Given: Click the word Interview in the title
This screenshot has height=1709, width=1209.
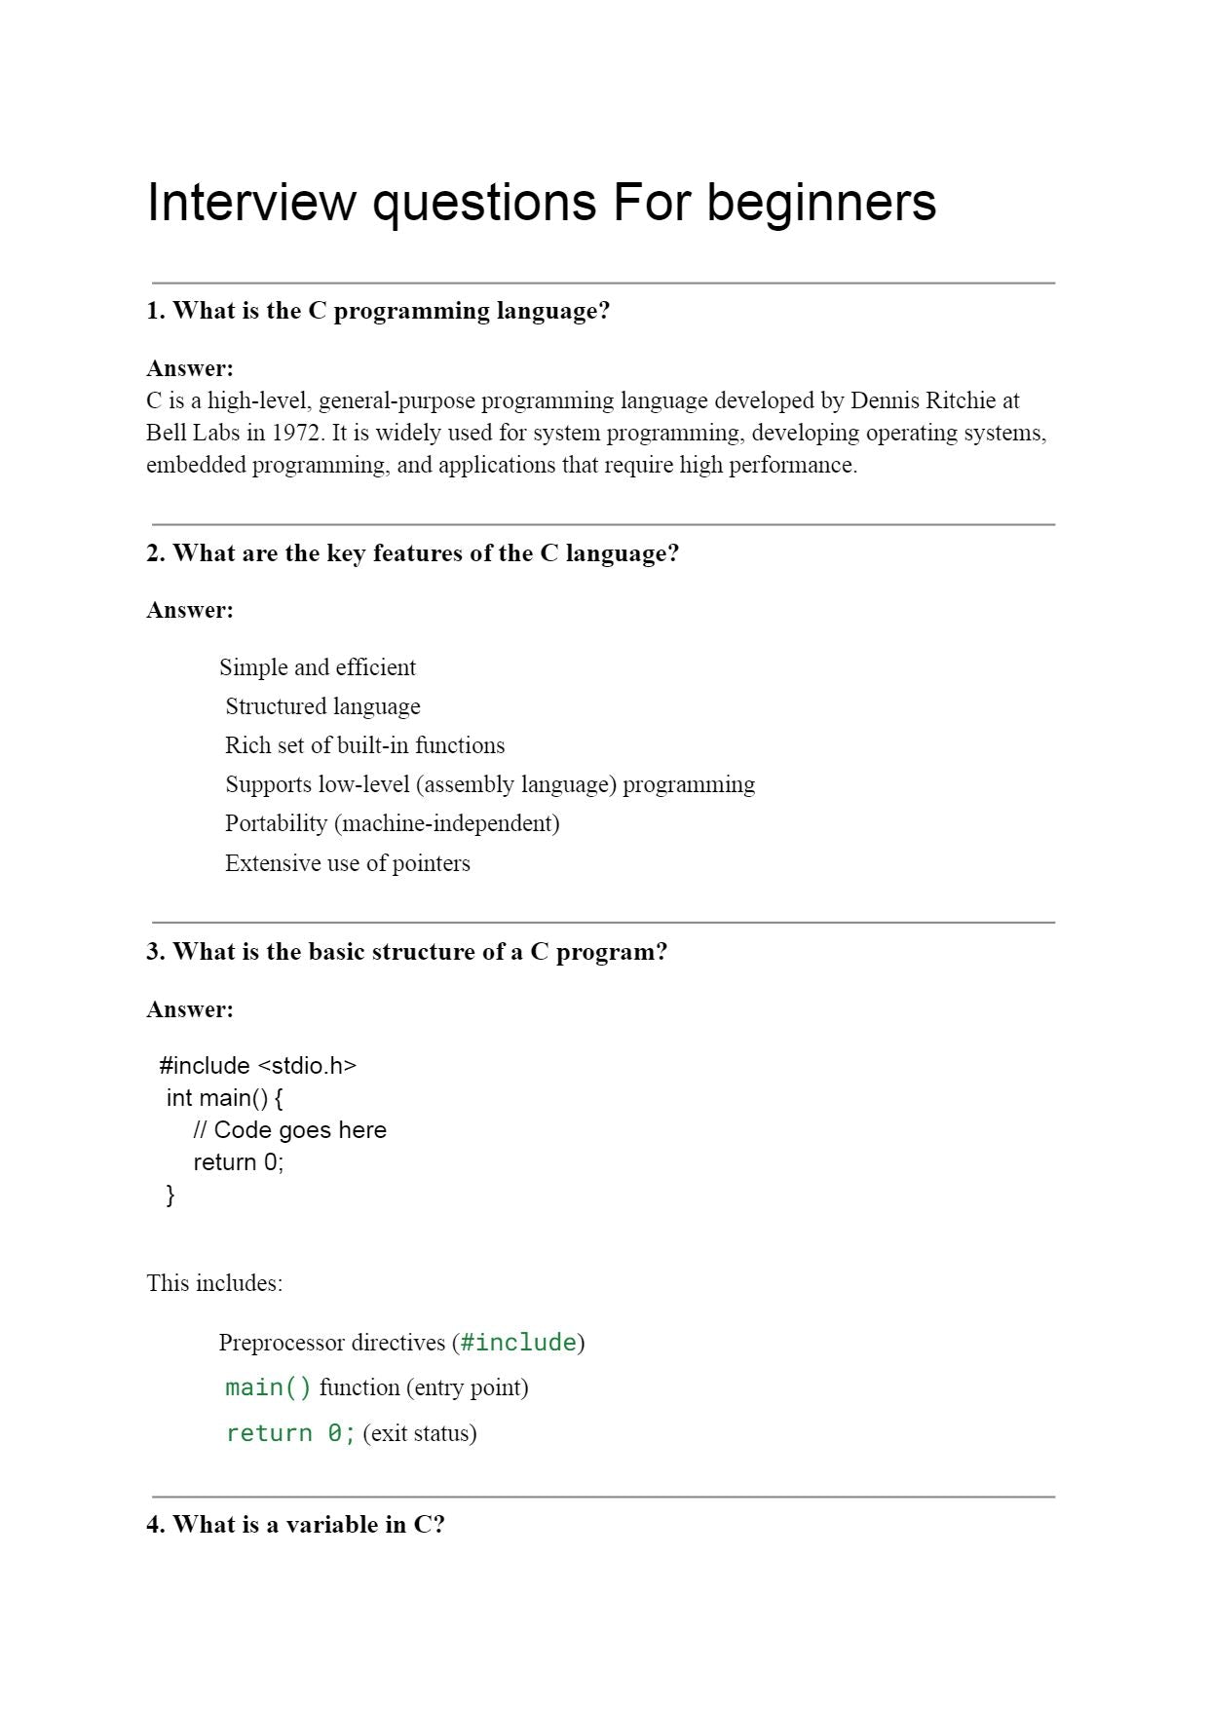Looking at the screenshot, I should click(x=250, y=203).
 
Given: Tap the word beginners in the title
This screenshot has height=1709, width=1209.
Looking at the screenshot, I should click(x=820, y=203).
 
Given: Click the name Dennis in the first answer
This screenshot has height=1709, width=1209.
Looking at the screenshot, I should click(x=885, y=400).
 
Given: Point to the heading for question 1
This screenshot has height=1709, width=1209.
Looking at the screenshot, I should click(x=378, y=311).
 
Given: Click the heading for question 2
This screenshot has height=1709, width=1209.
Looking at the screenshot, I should click(x=412, y=553).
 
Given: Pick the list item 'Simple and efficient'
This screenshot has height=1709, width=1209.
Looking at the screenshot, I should click(x=318, y=667).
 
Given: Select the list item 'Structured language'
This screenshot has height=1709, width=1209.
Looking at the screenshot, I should click(x=322, y=706).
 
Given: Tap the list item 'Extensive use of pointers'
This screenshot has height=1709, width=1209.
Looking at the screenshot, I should click(x=347, y=863).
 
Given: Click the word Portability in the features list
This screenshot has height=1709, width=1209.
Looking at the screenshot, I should click(x=276, y=823).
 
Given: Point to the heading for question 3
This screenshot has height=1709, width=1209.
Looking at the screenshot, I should click(x=406, y=952).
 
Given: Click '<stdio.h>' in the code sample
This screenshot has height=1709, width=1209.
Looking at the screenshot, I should click(x=306, y=1066).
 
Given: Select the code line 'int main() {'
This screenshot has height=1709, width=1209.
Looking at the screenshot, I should click(x=224, y=1098).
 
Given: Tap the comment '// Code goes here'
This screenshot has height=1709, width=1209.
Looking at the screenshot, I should click(x=289, y=1130).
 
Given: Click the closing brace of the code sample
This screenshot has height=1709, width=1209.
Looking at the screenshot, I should click(x=170, y=1195).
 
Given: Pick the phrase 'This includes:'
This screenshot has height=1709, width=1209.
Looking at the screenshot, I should click(x=214, y=1283).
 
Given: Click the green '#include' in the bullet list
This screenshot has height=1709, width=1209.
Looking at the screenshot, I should click(x=518, y=1343).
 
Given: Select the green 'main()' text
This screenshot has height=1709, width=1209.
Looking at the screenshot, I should click(x=268, y=1387).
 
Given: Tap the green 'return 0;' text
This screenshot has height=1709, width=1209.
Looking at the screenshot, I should click(x=290, y=1433).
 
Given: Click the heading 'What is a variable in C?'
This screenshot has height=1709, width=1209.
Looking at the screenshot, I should click(x=295, y=1525).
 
